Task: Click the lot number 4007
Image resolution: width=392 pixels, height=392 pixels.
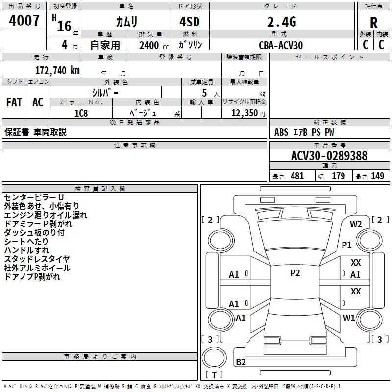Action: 24,21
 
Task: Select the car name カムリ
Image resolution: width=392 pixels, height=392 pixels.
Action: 126,22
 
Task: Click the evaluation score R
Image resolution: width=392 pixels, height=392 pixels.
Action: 374,22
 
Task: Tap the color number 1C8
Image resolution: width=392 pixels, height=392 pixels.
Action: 81,113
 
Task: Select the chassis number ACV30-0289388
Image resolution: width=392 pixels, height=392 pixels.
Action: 329,156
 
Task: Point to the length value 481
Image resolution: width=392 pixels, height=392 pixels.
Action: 297,176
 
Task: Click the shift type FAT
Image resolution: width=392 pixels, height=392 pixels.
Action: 14,102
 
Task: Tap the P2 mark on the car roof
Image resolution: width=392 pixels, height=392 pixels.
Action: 295,273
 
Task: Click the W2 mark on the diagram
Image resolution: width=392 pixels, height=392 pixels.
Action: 356,224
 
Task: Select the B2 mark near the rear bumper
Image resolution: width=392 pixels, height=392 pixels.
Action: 241,362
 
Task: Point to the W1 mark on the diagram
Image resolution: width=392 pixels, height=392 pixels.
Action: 349,318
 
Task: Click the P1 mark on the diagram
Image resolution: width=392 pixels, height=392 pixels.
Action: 347,244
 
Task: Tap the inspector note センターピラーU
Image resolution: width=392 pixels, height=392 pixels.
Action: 33,197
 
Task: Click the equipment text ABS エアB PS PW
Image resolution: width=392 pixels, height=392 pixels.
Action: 304,132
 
